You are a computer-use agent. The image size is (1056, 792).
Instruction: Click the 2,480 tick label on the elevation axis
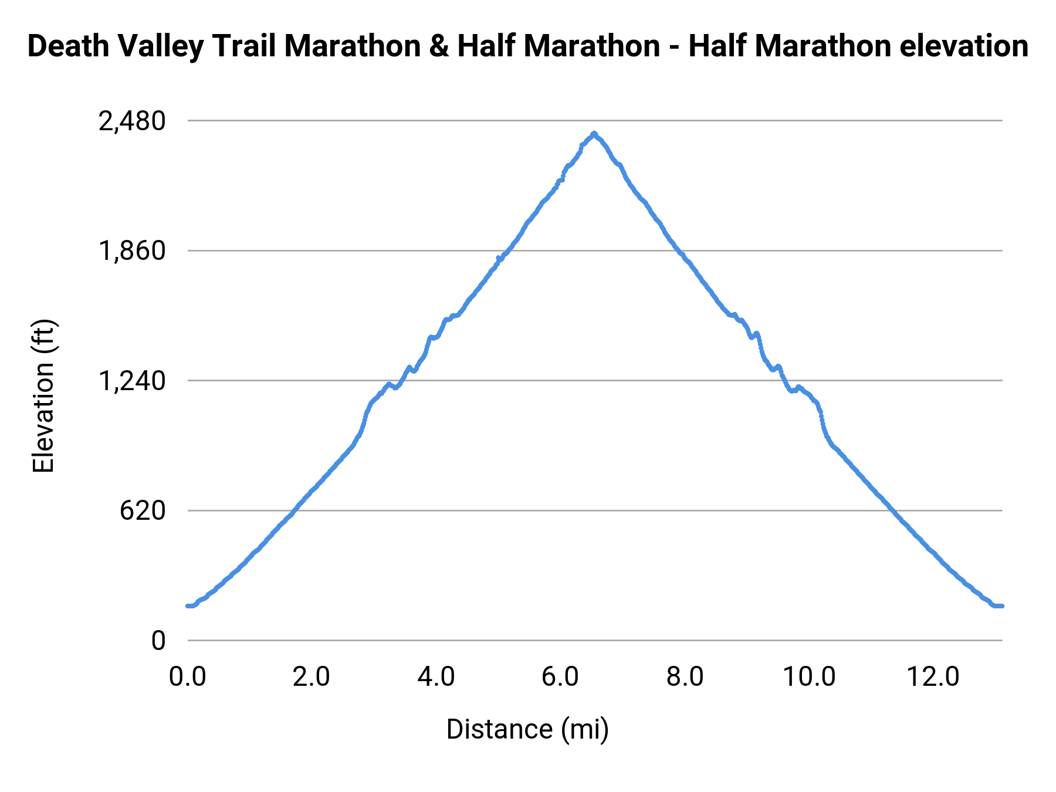[x=132, y=121]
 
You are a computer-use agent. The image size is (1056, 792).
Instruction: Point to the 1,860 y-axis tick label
[x=132, y=251]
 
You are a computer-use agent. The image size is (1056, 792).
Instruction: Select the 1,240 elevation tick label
[x=132, y=381]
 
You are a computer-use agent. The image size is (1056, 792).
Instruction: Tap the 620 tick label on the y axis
[x=143, y=511]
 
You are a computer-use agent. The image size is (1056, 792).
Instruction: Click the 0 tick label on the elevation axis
[x=158, y=641]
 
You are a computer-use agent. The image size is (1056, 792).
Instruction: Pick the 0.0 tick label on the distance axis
[x=188, y=677]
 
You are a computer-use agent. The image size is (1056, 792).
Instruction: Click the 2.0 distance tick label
[x=312, y=677]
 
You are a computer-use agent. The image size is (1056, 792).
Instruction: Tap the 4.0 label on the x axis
[x=436, y=677]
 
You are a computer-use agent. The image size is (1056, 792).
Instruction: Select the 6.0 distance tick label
[x=560, y=677]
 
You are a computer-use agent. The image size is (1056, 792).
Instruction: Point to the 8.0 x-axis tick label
[x=685, y=677]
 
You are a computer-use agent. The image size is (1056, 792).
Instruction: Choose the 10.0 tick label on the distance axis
[x=809, y=677]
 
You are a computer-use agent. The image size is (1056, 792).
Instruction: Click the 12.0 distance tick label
[x=933, y=677]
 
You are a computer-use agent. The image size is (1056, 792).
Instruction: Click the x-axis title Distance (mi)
[x=527, y=730]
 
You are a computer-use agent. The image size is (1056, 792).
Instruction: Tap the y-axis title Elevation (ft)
[x=43, y=396]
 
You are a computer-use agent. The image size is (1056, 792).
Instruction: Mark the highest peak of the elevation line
[x=594, y=133]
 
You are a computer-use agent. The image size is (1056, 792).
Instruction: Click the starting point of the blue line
[x=188, y=606]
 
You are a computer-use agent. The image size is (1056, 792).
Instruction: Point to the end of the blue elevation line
[x=1001, y=606]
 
